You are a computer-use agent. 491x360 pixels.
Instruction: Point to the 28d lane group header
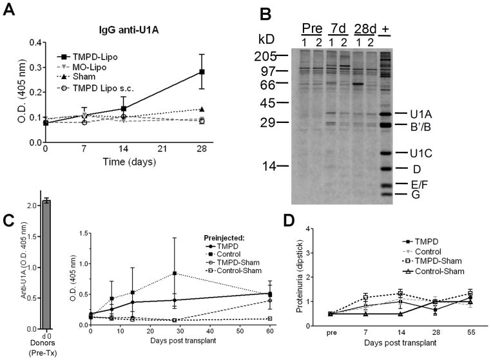pos(365,30)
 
